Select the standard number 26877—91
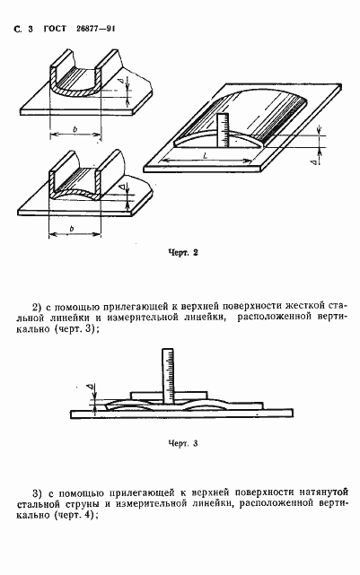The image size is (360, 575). pos(94,30)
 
